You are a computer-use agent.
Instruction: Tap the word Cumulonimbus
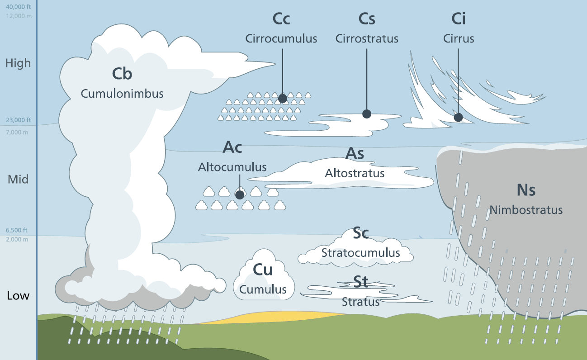122,94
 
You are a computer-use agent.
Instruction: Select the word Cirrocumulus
281,38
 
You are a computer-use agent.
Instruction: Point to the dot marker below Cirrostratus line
367,114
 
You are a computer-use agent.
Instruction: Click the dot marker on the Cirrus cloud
458,118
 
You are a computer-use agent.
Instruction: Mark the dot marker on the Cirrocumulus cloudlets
283,98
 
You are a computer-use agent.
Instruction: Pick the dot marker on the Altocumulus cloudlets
240,195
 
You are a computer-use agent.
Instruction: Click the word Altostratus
355,173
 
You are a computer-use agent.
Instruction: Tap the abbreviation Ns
526,190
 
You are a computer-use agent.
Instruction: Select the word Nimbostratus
526,210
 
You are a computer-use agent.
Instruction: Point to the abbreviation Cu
263,270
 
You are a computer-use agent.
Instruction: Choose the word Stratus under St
360,302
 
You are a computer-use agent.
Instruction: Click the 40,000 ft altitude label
18,7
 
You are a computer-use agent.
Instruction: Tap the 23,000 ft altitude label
18,120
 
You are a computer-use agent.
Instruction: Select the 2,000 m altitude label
17,239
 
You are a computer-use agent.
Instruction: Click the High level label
18,63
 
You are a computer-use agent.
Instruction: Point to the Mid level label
18,180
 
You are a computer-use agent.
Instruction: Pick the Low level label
18,296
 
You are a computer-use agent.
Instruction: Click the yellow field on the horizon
280,317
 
